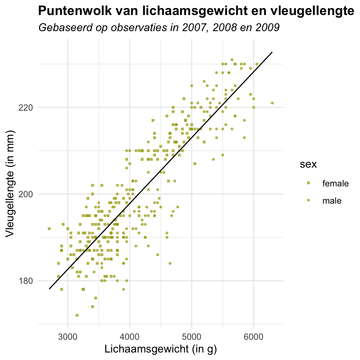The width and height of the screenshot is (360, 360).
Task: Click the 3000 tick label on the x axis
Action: pyautogui.click(x=68, y=334)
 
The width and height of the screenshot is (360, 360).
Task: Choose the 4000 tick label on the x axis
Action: pyautogui.click(x=130, y=334)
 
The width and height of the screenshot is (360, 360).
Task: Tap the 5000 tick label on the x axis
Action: pyautogui.click(x=192, y=334)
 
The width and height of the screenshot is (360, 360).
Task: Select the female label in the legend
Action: pyautogui.click(x=335, y=183)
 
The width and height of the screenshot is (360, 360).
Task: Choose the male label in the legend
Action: pyautogui.click(x=332, y=201)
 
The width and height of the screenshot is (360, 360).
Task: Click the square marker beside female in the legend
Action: pyautogui.click(x=309, y=183)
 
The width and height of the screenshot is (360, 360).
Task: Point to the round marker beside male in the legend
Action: pyautogui.click(x=309, y=201)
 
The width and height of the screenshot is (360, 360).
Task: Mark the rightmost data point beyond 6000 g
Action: pyautogui.click(x=272, y=103)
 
